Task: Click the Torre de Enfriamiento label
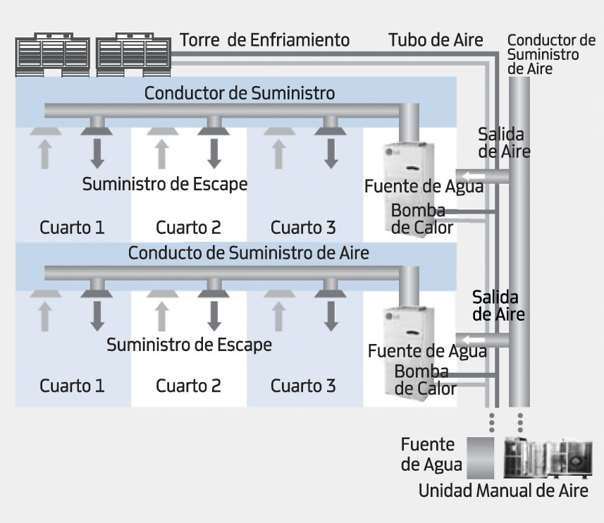coord(264,39)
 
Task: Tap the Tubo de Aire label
coord(436,39)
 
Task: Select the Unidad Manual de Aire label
coord(503,491)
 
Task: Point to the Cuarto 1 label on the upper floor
coord(72,228)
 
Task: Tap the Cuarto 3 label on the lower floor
coord(303,386)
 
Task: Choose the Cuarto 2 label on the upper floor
coord(188,228)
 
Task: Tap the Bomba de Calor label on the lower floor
coord(425,380)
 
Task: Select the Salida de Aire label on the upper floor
coord(504,142)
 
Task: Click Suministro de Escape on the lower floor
coord(189,345)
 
